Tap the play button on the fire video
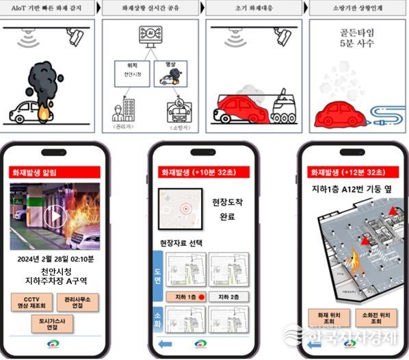tap(55, 216)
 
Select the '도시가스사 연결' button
tap(54, 324)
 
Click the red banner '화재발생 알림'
tap(36, 172)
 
